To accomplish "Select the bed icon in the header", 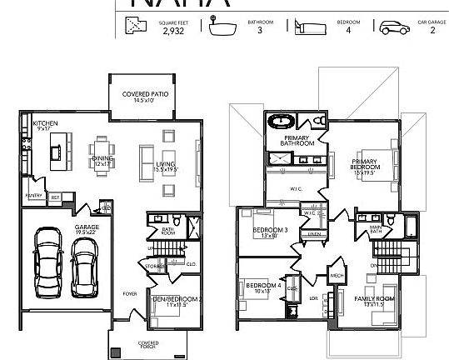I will click(307, 27).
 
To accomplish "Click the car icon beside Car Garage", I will click(392, 27).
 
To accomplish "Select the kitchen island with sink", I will click(57, 152).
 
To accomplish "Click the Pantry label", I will click(34, 197).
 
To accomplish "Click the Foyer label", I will click(130, 293).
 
